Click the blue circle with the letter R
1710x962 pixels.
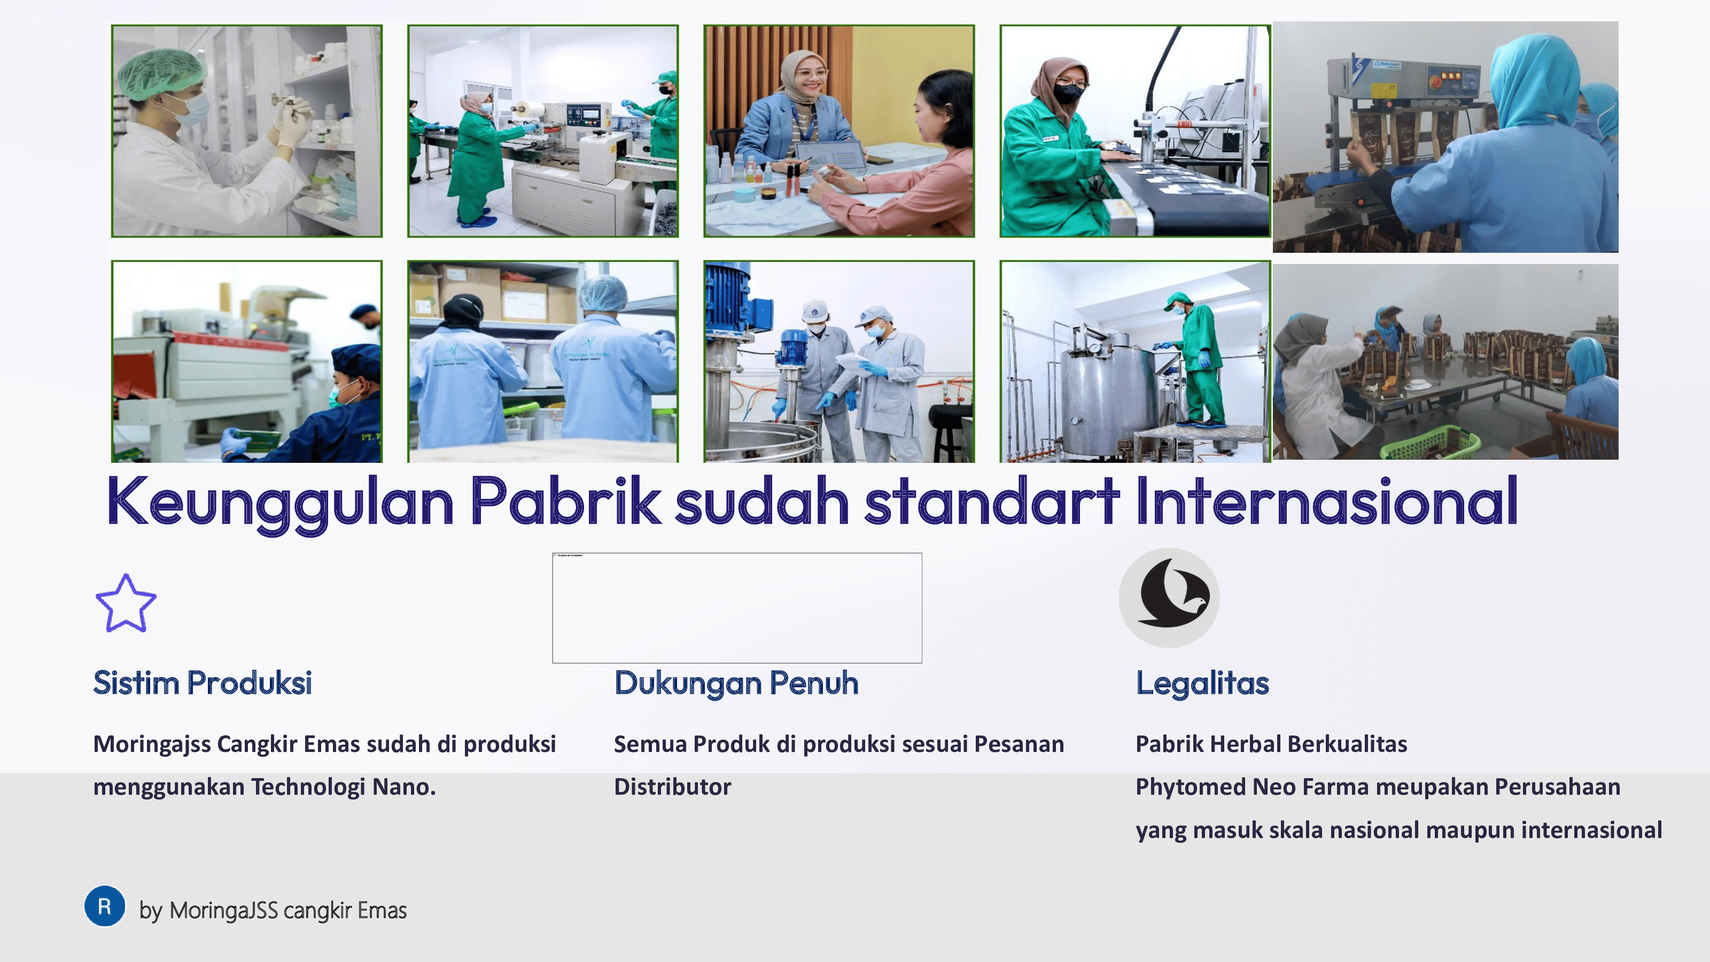coord(105,905)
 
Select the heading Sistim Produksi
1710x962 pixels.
coord(203,682)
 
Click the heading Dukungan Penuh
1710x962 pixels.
coord(736,683)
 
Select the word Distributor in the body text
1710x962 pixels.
coord(672,787)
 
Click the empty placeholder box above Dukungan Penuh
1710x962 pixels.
coord(737,608)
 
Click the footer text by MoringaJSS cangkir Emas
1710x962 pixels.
coord(273,910)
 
